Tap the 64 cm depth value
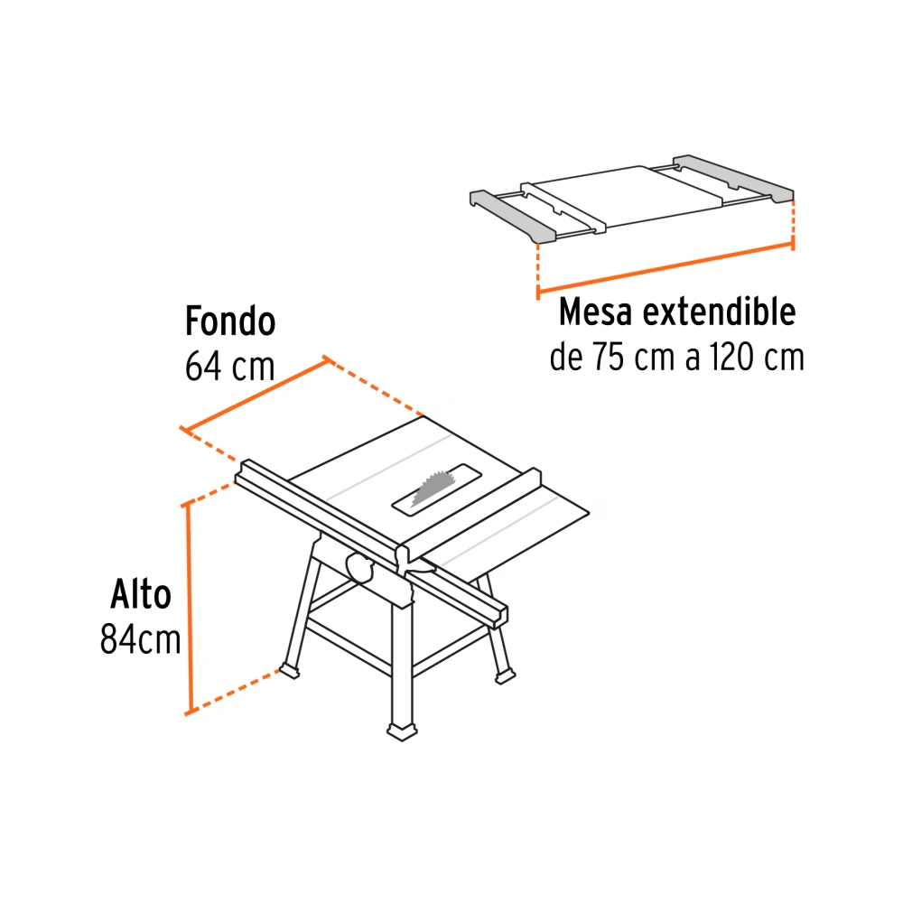pyautogui.click(x=229, y=366)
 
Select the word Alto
pyautogui.click(x=141, y=594)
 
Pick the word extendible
pyautogui.click(x=720, y=312)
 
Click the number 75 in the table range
pyautogui.click(x=608, y=357)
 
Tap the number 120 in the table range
pyautogui.click(x=731, y=357)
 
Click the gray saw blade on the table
pyautogui.click(x=432, y=488)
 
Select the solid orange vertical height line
pyautogui.click(x=188, y=610)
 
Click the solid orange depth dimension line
pyautogui.click(x=256, y=395)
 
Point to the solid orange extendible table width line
pyautogui.click(x=666, y=268)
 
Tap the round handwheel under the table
pyautogui.click(x=360, y=568)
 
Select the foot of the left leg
pyautogui.click(x=289, y=670)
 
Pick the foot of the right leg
pyautogui.click(x=505, y=676)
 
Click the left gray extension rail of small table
pyautogui.click(x=513, y=216)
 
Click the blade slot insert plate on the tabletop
pyautogui.click(x=436, y=489)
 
